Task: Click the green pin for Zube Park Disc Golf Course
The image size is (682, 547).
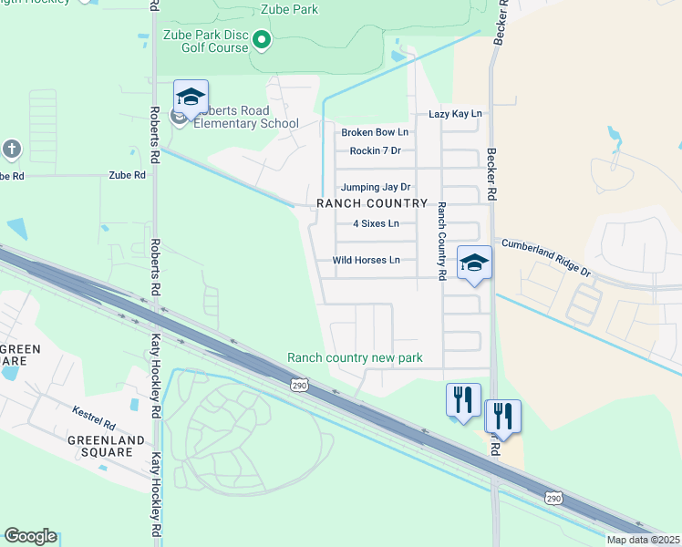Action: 262,39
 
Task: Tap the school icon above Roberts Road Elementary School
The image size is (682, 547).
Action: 191,97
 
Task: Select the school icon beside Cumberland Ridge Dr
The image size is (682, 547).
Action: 474,263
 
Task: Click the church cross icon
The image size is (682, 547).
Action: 11,149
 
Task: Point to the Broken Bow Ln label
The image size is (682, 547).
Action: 375,133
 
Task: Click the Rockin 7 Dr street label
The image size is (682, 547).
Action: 376,151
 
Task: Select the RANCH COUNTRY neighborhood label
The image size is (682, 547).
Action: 372,203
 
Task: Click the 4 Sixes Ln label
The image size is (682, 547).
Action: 376,223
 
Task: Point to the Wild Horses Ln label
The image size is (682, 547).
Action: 367,261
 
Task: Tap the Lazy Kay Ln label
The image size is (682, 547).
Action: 455,114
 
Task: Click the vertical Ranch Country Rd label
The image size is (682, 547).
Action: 441,241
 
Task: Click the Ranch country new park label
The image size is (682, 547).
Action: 356,358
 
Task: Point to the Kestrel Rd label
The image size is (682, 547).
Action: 94,425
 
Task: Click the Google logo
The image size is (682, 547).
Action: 30,536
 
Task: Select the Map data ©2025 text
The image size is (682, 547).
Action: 642,540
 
